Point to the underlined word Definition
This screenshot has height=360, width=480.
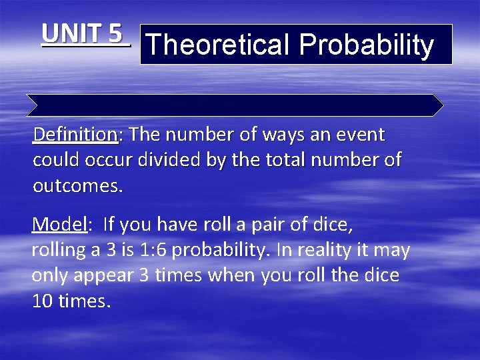pyautogui.click(x=75, y=135)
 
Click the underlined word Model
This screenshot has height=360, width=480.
pyautogui.click(x=59, y=225)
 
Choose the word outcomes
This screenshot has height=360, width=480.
pyautogui.click(x=78, y=186)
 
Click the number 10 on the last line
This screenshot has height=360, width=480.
pyautogui.click(x=43, y=301)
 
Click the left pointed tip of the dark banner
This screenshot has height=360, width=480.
pyautogui.click(x=28, y=105)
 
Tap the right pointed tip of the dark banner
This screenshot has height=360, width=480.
pyautogui.click(x=443, y=105)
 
